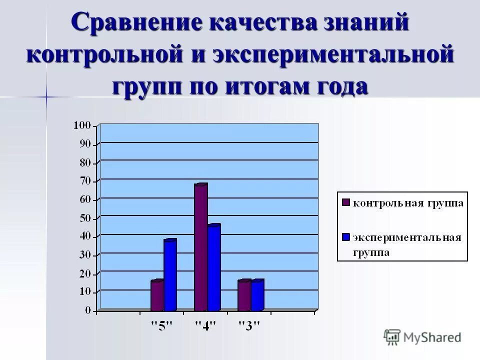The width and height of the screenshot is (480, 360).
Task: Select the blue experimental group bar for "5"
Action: coord(169,276)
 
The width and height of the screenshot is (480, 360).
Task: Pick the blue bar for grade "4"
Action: coord(213,268)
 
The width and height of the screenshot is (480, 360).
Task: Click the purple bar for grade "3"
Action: coord(244,296)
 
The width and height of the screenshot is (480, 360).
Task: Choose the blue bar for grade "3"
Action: coord(257,296)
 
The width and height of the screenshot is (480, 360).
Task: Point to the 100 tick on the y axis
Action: coord(82,125)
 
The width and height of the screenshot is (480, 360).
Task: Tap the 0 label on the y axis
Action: coord(88,310)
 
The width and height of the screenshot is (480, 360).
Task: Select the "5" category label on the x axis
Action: coord(162,326)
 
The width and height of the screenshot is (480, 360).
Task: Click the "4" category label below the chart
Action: coord(205,326)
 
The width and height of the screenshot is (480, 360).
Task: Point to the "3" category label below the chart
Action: coord(249,326)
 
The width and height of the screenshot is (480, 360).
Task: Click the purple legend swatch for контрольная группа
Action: coord(345,202)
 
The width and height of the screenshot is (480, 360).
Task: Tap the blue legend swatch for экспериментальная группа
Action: coord(345,237)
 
